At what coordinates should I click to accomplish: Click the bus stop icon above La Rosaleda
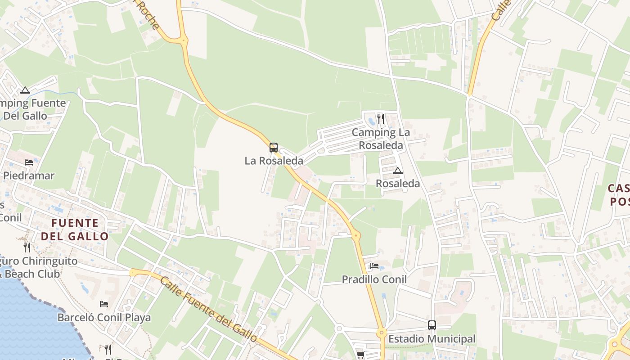pos(274,147)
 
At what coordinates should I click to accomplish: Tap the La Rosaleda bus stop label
pos(274,161)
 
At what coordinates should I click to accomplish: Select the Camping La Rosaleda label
pos(381,139)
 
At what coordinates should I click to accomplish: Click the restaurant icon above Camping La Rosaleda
pos(381,118)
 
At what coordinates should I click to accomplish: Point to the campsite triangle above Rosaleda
pos(397,171)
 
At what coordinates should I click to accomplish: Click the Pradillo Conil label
pos(374,279)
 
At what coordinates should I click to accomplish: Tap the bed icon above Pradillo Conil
pos(374,266)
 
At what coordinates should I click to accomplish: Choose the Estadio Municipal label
pos(432,339)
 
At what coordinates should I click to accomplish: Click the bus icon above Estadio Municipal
pos(432,325)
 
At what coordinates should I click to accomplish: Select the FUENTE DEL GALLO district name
pos(75,229)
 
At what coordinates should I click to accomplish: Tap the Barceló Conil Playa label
pos(104,318)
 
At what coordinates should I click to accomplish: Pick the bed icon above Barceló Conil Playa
pos(104,304)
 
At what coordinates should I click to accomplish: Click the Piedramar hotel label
pos(29,175)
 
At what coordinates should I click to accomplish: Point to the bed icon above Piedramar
pos(29,162)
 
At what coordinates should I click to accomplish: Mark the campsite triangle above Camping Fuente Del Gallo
pos(25,90)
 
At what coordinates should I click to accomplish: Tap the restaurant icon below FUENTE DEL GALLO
pos(27,247)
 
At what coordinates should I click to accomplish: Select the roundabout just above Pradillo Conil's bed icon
pos(356,235)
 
